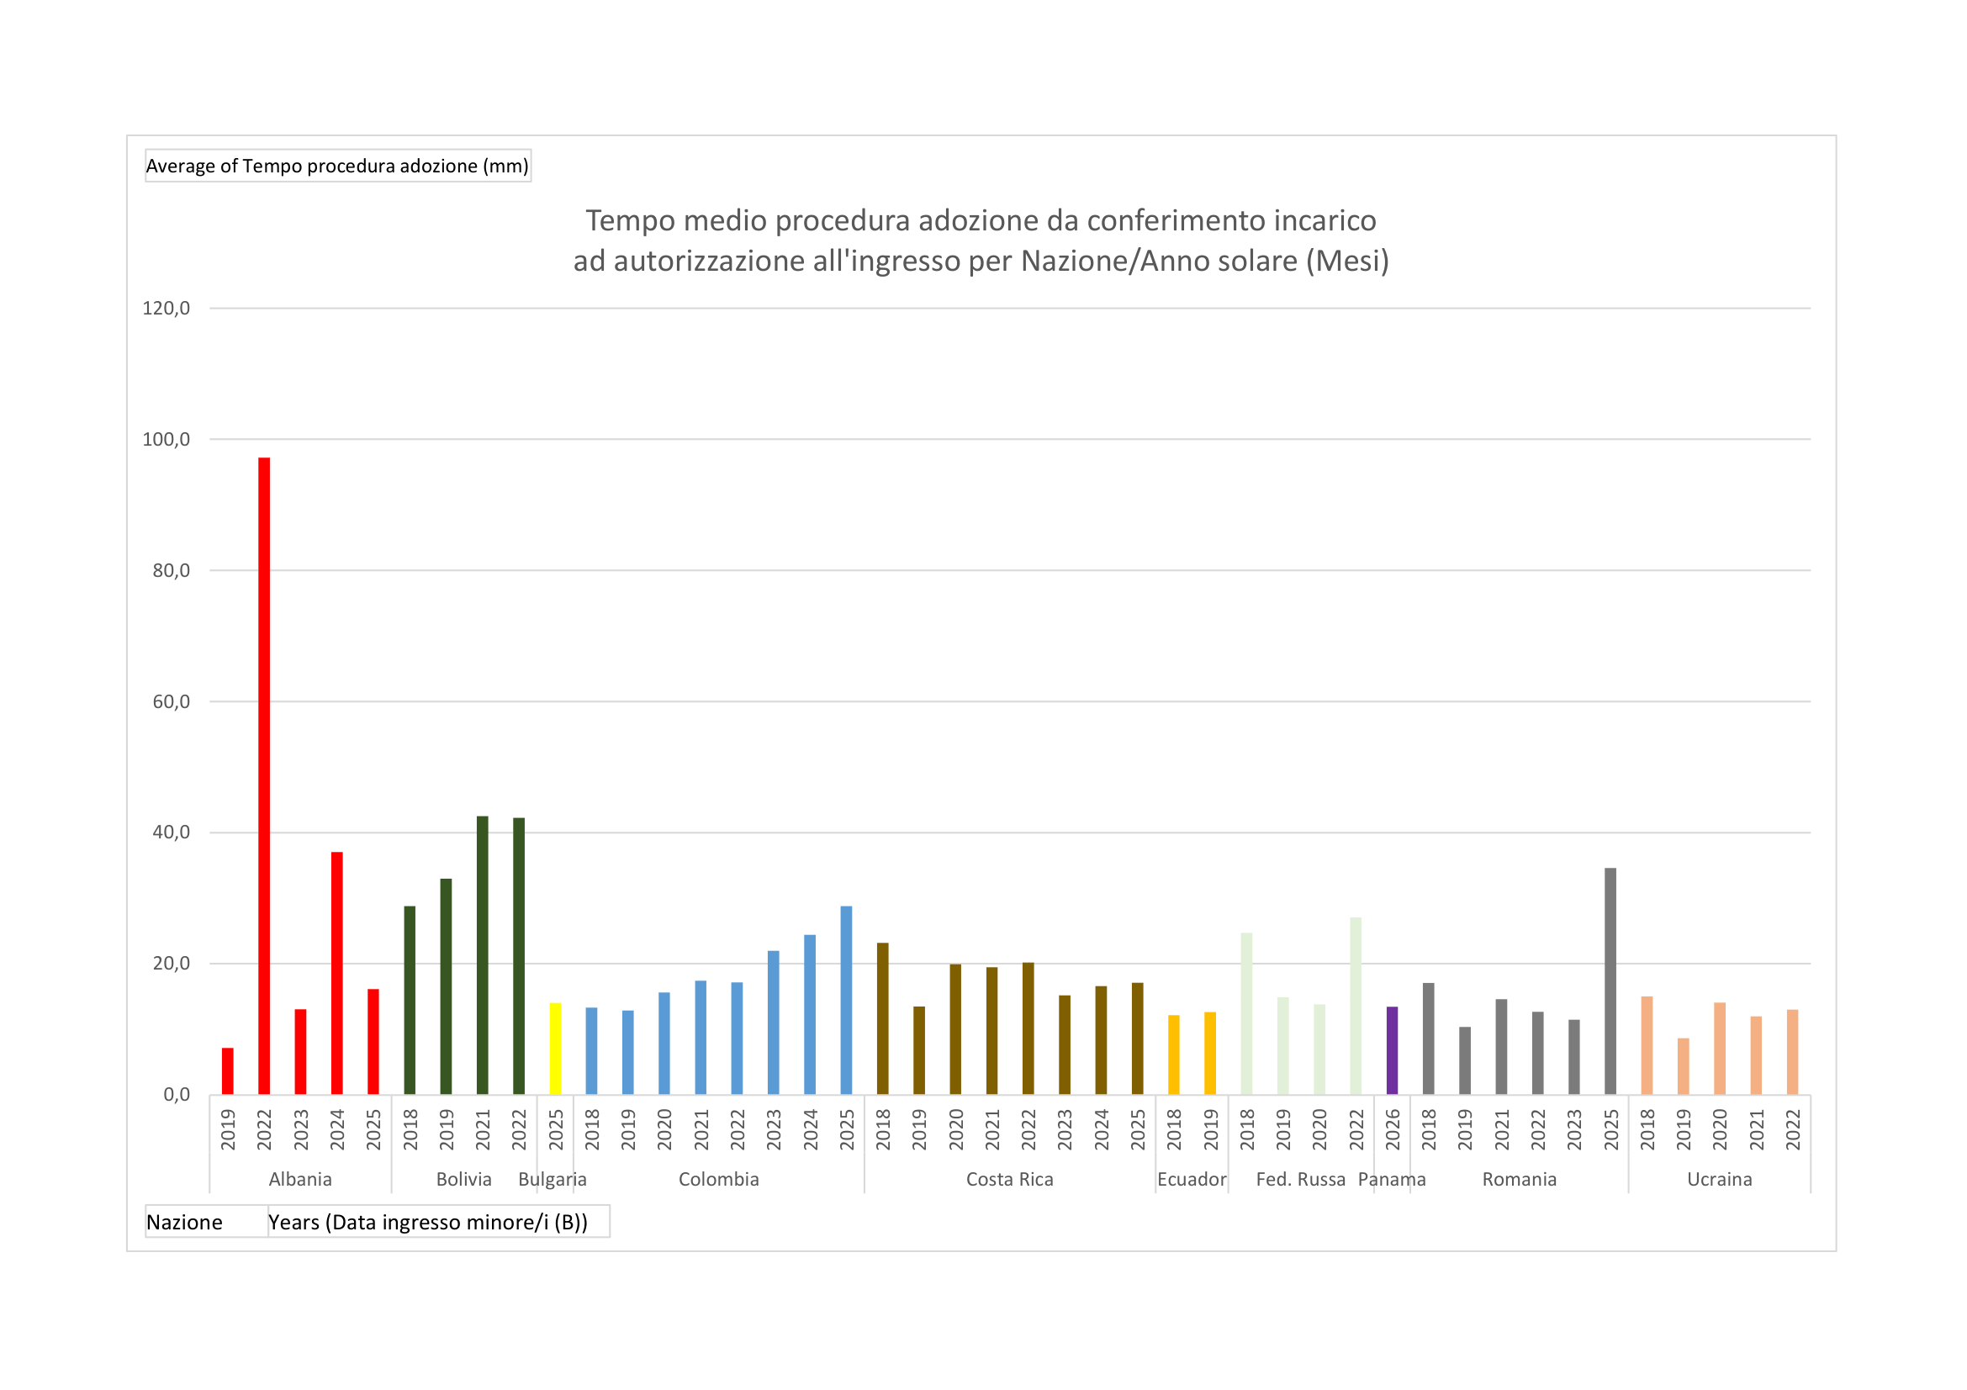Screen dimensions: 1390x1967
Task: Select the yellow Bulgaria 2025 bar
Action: (555, 1049)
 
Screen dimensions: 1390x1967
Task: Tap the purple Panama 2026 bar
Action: (1392, 1051)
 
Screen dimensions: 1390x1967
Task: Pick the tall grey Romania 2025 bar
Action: (1610, 980)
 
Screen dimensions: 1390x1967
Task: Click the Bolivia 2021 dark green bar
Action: (483, 955)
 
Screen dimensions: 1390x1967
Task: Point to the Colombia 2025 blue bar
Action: (847, 1000)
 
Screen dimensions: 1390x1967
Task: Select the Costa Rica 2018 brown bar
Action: (882, 1018)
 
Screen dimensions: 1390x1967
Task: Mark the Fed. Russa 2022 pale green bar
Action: (1356, 1006)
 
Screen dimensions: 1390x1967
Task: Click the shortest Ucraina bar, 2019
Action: (1684, 1066)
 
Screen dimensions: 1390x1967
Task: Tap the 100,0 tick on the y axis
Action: (167, 439)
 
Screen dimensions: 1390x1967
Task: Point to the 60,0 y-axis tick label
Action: (171, 702)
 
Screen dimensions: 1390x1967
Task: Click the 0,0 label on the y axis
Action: (177, 1096)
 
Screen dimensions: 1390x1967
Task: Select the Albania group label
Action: (300, 1180)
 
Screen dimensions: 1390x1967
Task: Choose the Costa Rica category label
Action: (1009, 1180)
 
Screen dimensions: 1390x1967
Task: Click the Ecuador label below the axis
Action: (1192, 1180)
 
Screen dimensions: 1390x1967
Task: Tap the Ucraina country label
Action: (1720, 1180)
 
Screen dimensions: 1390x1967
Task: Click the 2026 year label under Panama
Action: (1392, 1129)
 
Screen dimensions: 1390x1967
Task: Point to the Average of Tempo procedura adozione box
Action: (337, 166)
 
